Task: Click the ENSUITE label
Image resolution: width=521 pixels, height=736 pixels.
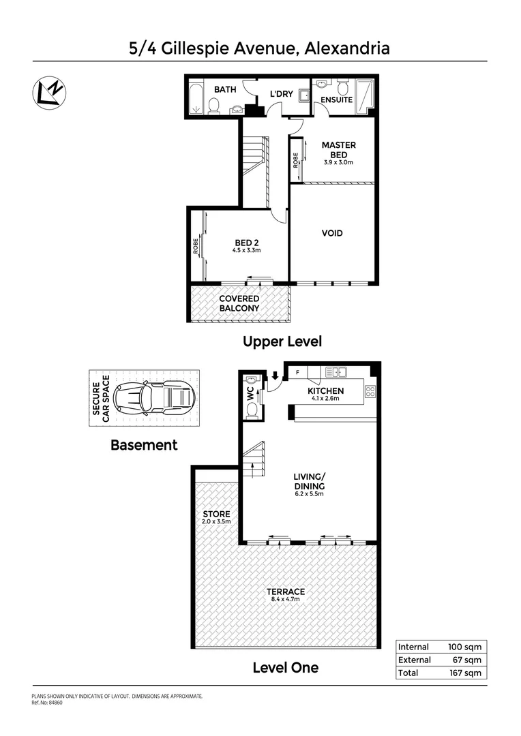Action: [337, 99]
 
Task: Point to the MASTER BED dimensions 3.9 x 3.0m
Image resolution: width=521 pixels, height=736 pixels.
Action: [338, 162]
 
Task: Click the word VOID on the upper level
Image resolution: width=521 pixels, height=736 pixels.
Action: [332, 234]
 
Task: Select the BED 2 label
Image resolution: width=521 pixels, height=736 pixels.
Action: [246, 242]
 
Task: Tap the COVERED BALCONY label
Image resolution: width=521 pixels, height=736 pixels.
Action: [239, 303]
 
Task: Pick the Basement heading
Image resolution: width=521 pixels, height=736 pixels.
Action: [144, 445]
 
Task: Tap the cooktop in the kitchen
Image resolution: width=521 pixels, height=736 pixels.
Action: [370, 391]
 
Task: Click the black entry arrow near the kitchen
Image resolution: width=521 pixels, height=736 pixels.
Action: [275, 374]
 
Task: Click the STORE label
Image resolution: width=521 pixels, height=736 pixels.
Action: [216, 514]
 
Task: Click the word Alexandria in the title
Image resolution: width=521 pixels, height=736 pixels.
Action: [348, 48]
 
